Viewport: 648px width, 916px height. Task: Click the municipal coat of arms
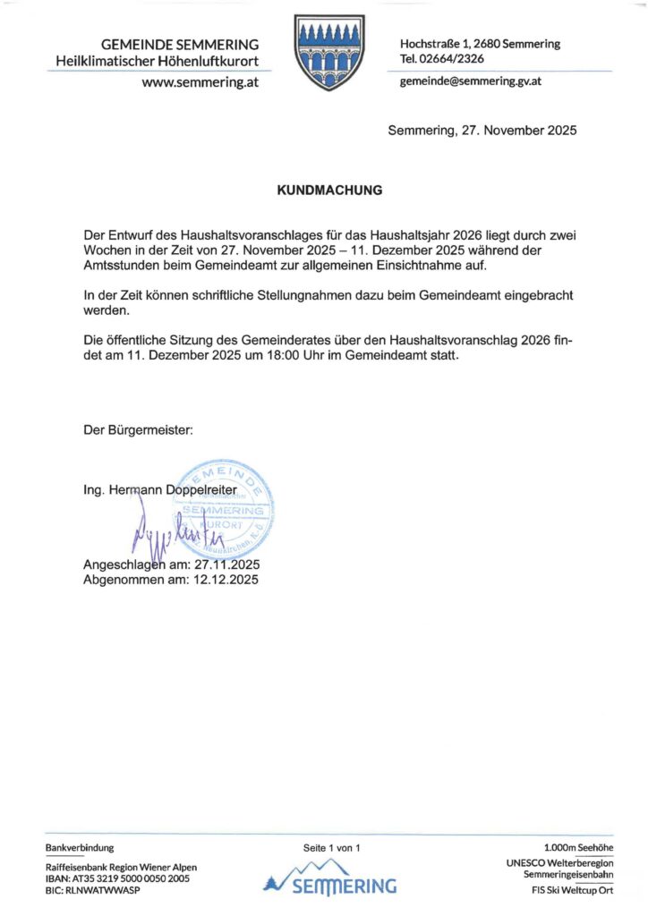click(329, 51)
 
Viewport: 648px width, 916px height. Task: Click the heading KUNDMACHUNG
click(330, 191)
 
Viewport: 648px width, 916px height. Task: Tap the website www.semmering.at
click(200, 82)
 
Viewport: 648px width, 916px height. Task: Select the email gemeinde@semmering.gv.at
click(470, 81)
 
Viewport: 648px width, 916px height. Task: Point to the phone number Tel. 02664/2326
click(442, 58)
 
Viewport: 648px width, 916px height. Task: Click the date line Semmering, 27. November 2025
click(482, 131)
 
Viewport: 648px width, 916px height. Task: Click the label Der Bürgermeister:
click(138, 431)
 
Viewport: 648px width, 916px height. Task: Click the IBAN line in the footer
click(117, 878)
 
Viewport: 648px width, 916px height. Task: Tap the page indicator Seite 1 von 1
click(330, 846)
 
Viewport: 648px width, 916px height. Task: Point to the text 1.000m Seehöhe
click(578, 846)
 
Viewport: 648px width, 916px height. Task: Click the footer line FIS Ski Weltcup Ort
click(572, 890)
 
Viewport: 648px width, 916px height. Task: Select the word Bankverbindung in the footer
click(80, 846)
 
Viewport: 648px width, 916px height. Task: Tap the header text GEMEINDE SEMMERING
click(180, 44)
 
